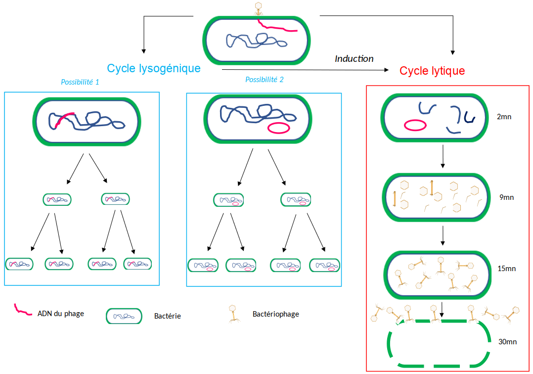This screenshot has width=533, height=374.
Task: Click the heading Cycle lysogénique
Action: click(x=154, y=68)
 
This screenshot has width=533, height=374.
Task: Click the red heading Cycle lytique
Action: click(x=432, y=71)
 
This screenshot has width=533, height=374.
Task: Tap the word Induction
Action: click(x=354, y=58)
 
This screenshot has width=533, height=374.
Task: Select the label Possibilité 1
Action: click(x=80, y=82)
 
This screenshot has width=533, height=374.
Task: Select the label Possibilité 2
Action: click(x=265, y=79)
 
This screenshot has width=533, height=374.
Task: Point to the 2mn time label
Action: click(x=504, y=117)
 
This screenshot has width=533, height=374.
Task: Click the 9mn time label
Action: click(x=507, y=197)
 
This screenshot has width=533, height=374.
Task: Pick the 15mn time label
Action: click(x=507, y=269)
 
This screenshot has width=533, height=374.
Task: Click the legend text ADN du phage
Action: click(x=61, y=313)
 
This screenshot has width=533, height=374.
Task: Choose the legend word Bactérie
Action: click(x=168, y=316)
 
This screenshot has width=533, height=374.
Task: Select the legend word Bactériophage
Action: click(x=275, y=314)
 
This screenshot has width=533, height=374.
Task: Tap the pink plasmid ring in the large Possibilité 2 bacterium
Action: click(x=279, y=128)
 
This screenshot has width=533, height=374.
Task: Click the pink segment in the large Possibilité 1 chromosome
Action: click(x=64, y=119)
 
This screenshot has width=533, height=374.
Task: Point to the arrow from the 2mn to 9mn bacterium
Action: click(x=443, y=157)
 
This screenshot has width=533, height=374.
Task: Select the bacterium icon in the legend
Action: click(x=124, y=316)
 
